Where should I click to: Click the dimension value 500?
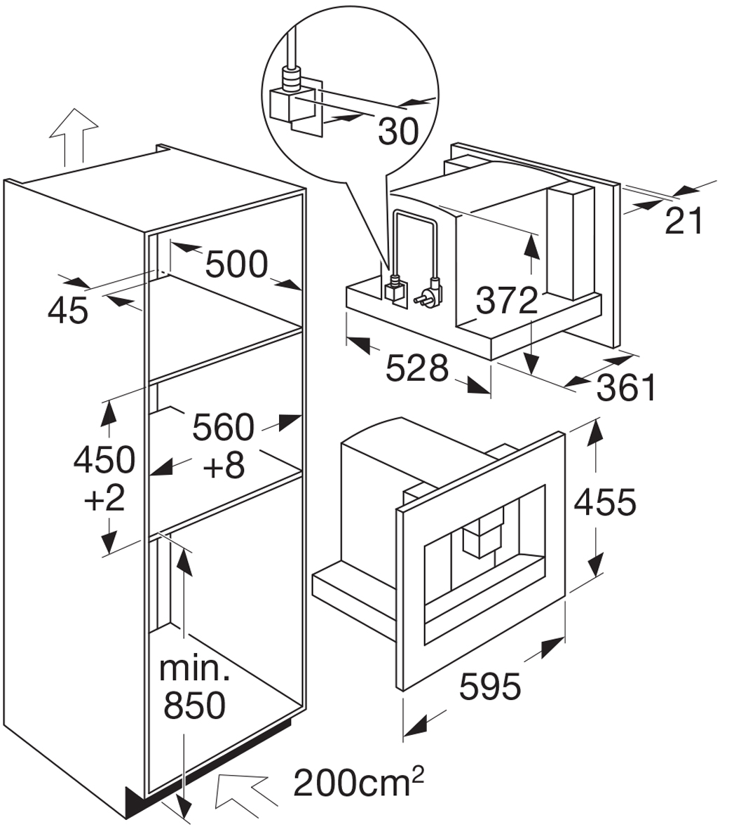point(237,264)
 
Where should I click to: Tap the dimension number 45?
point(67,310)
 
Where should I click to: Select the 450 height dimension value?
point(104,459)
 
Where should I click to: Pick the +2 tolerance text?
point(104,497)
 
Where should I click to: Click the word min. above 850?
point(194,669)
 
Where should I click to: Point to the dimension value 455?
point(606,501)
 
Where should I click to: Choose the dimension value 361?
point(627,388)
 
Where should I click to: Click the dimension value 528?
point(417,368)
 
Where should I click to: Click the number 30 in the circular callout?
point(399,131)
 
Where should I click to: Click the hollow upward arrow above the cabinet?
point(74,137)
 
